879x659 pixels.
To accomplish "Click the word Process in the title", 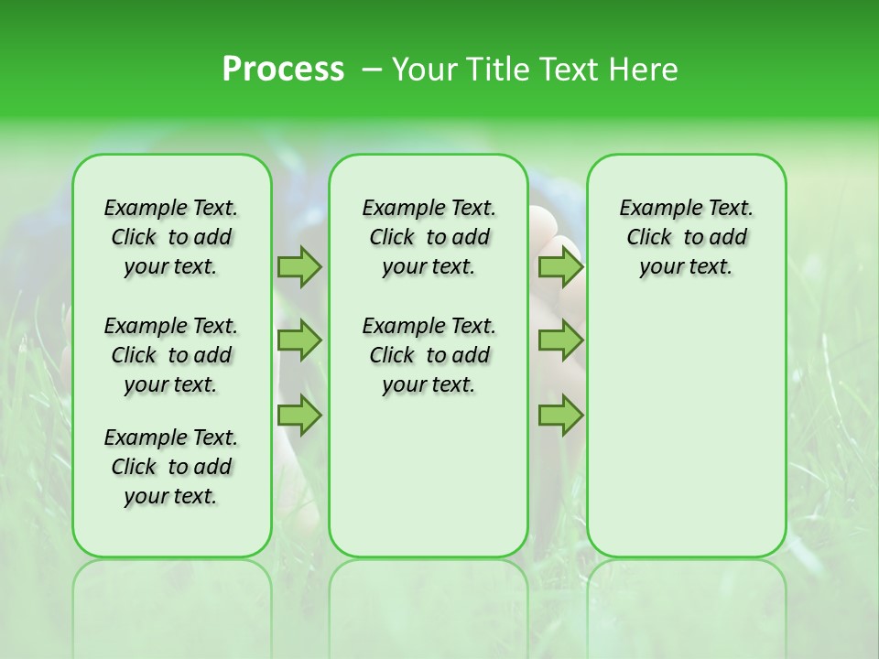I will (x=283, y=70).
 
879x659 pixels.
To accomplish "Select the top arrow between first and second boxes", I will (x=299, y=266).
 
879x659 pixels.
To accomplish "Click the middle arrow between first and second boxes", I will (x=299, y=340).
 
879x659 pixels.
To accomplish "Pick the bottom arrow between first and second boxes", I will (x=299, y=415).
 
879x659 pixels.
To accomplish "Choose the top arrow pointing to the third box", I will (x=560, y=266).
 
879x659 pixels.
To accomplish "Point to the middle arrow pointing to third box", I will (x=560, y=340).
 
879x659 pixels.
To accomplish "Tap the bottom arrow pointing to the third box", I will (x=560, y=415).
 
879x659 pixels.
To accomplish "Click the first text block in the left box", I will (x=171, y=237).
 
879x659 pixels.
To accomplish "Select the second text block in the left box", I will (x=171, y=355).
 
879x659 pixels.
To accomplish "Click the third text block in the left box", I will (x=171, y=467).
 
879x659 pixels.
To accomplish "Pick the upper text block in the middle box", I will (x=429, y=237).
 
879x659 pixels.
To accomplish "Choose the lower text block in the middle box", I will (x=429, y=355).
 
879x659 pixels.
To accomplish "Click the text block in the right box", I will (x=686, y=237).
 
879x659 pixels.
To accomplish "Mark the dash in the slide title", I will (x=371, y=70).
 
